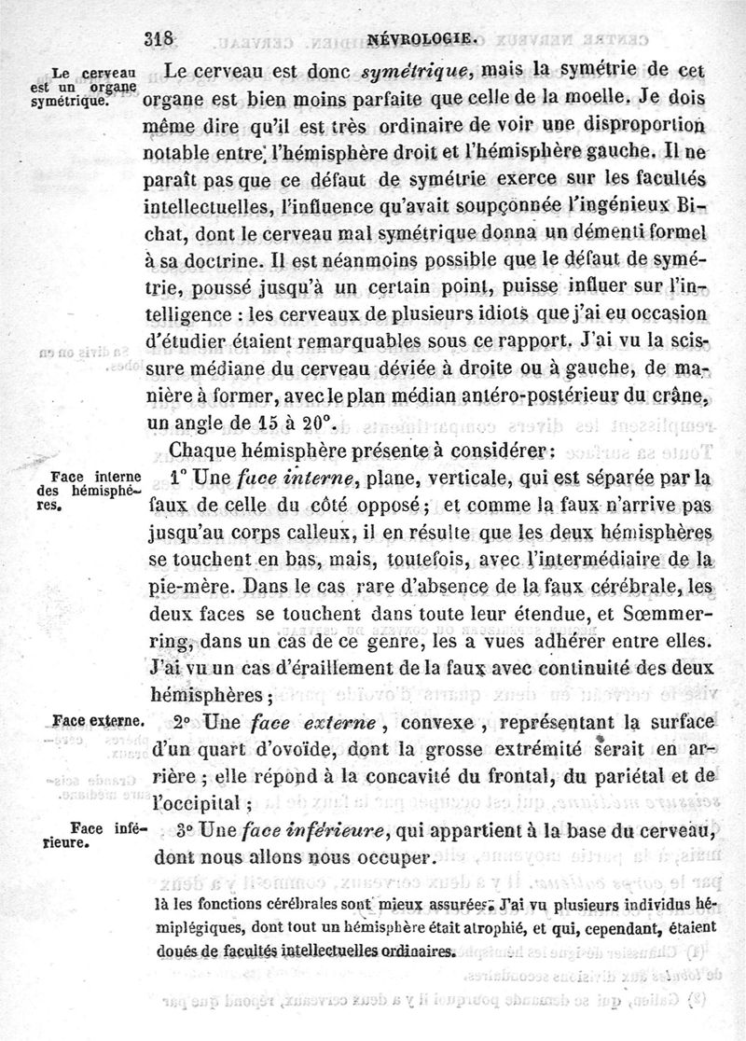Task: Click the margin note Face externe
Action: pyautogui.click(x=98, y=721)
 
